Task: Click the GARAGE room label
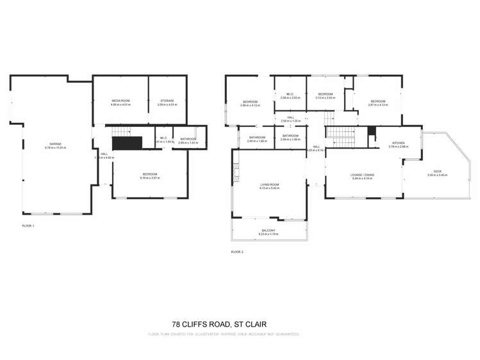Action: point(56,144)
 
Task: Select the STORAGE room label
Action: point(167,101)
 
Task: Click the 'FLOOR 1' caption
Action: point(29,226)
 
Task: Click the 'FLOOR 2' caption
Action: point(237,252)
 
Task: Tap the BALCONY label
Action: point(268,231)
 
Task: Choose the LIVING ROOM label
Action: point(269,184)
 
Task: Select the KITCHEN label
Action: point(398,143)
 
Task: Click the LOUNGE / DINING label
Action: point(363,174)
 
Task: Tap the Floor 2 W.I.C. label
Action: point(290,94)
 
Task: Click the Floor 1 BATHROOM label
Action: point(188,138)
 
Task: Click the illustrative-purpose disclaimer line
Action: point(224,334)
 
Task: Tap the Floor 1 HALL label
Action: point(104,154)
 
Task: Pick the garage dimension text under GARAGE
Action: point(56,148)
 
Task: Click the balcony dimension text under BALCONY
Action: point(268,234)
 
